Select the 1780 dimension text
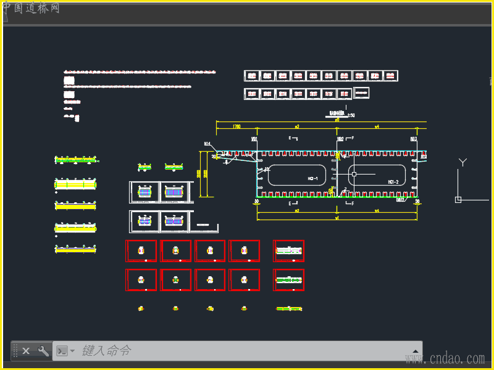pos(236,126)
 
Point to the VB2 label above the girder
pos(340,140)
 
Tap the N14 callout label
pos(207,144)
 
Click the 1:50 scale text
pos(351,115)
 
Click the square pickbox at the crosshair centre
pos(354,174)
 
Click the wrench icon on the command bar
pos(43,351)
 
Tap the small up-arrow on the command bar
pos(416,351)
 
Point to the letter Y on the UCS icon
pos(462,162)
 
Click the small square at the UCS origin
pos(458,199)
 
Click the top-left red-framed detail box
pos(141,251)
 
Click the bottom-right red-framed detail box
pos(288,280)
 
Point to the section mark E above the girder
pos(290,138)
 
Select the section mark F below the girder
pos(353,203)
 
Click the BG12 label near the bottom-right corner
pos(400,199)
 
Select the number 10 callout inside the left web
pos(266,168)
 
